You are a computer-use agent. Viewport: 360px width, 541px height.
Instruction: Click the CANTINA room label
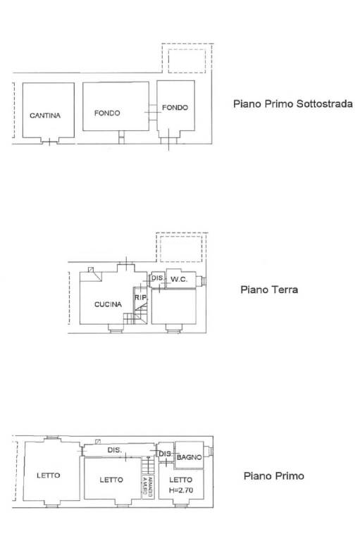coord(45,115)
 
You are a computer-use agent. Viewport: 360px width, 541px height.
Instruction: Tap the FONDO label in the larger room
coord(107,113)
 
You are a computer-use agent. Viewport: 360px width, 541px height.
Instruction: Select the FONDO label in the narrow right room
coord(175,108)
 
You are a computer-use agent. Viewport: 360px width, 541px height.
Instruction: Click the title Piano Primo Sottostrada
coord(292,104)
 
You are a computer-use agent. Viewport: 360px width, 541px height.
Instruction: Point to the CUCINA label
coord(108,304)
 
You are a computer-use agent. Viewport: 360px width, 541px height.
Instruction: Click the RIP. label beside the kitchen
coord(139,298)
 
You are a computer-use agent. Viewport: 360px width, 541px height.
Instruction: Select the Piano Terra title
coord(269,290)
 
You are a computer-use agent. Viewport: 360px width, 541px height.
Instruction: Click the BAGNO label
coord(190,458)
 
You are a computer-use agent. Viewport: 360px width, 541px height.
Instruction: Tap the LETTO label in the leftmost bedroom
coord(48,475)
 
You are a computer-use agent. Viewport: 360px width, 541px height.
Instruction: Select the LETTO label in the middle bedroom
coord(111,480)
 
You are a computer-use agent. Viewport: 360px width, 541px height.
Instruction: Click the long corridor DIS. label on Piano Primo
coord(114,449)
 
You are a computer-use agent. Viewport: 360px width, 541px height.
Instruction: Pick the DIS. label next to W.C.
coord(156,279)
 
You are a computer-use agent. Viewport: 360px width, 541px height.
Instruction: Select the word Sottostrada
coord(323,104)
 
